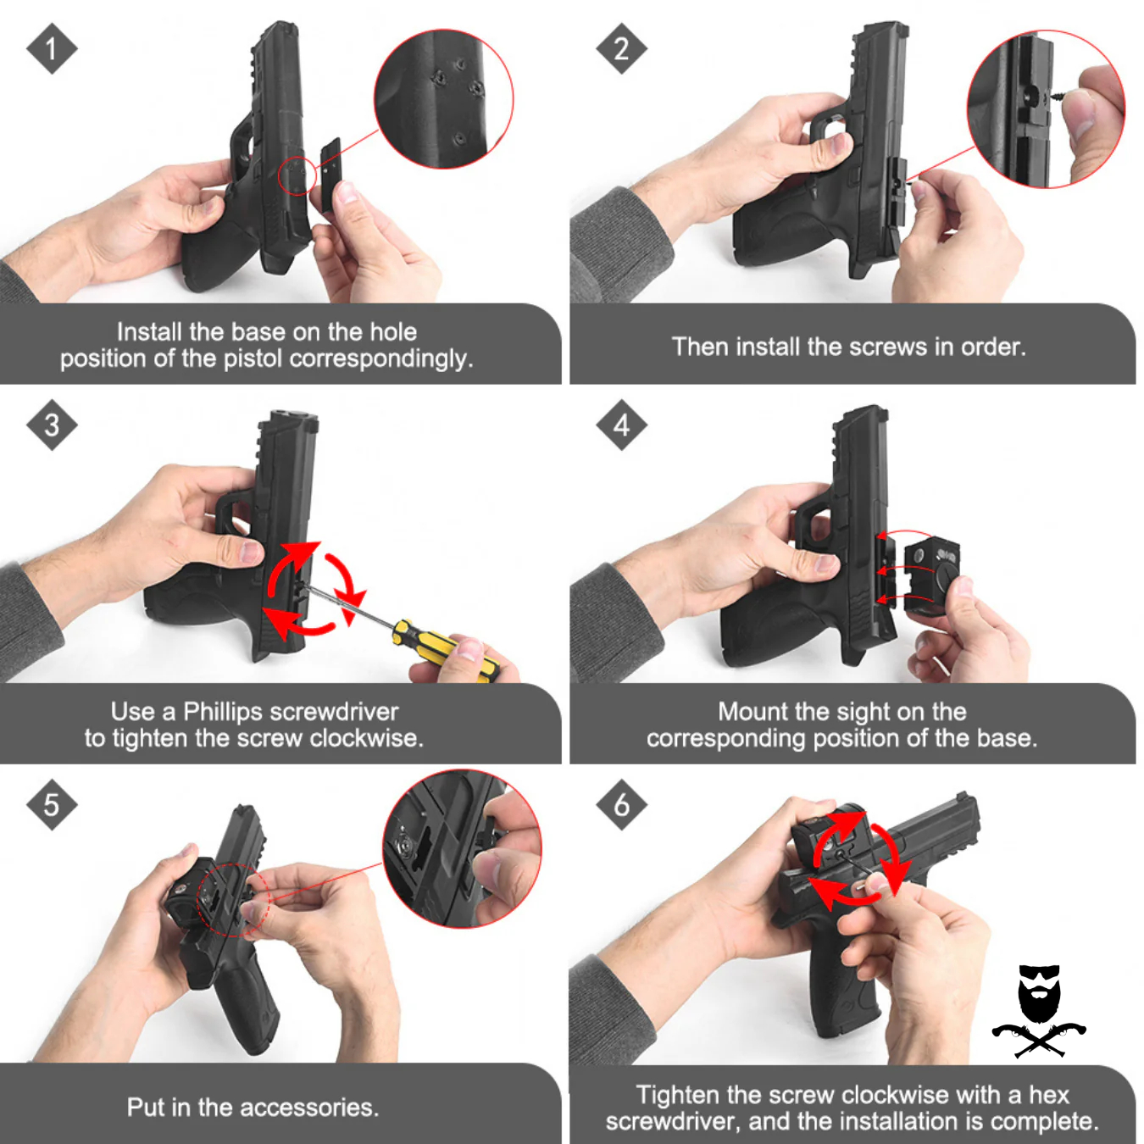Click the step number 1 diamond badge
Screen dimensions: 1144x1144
pos(52,48)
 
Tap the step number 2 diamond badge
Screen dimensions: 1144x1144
pos(621,48)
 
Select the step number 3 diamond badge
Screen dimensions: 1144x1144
pos(52,425)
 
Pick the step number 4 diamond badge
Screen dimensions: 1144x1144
pos(621,425)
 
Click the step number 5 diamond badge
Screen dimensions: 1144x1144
pos(52,804)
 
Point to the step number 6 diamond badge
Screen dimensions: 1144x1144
pos(621,804)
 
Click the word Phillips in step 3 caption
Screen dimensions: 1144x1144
pos(224,711)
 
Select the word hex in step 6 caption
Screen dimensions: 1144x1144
pos(1049,1094)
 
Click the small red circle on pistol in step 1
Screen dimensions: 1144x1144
pos(297,175)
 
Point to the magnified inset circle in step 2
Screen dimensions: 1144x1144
pos(1046,109)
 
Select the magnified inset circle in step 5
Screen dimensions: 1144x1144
pos(462,848)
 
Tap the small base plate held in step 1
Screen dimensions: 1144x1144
pos(330,174)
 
